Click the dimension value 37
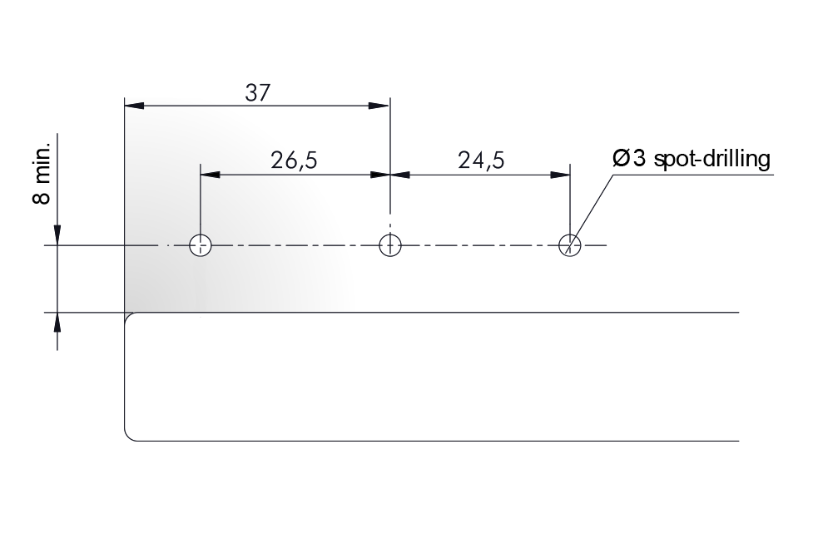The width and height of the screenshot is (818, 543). (258, 93)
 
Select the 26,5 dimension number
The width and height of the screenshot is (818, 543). (294, 160)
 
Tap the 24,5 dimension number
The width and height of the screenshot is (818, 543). (481, 160)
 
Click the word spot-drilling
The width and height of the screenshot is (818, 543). (711, 159)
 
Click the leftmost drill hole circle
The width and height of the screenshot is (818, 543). (201, 245)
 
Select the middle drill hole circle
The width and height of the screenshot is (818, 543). (389, 245)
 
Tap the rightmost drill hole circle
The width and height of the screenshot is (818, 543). (570, 245)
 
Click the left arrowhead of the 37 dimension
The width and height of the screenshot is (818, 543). (134, 106)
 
